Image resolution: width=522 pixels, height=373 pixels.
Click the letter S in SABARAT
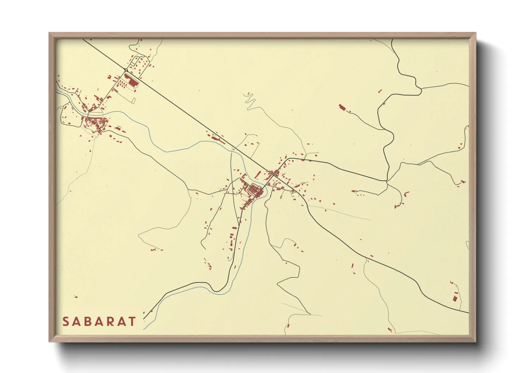(66, 322)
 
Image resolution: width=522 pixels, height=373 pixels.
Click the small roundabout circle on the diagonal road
(126, 70)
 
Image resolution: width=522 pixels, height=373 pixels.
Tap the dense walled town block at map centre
(255, 190)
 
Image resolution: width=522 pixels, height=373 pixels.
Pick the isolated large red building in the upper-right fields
(341, 107)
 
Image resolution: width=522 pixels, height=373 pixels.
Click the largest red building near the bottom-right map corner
(455, 298)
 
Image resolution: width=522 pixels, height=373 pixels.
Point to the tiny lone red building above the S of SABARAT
(75, 297)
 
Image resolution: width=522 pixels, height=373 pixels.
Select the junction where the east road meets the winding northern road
(387, 181)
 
